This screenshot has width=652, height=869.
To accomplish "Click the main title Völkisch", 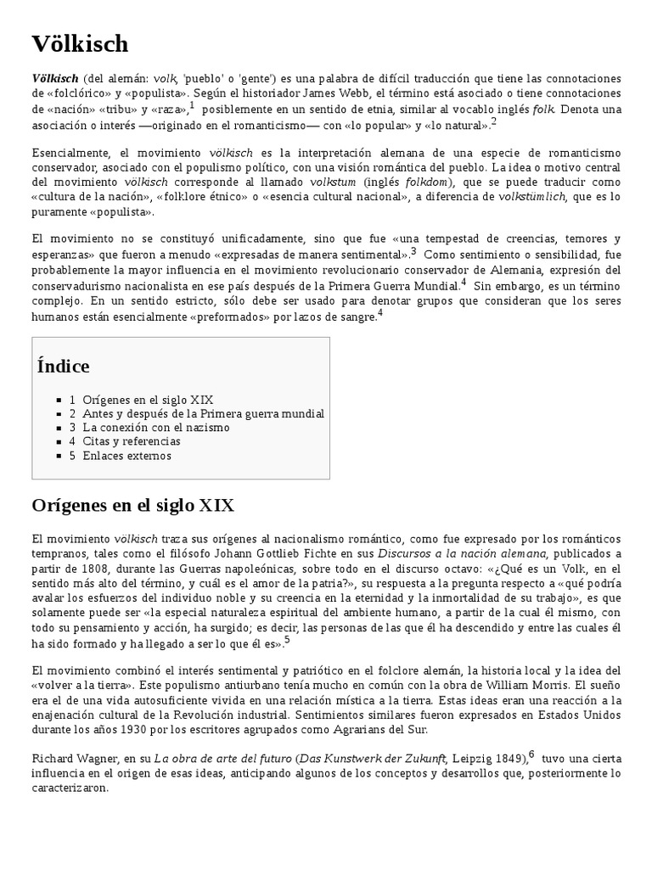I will tap(81, 44).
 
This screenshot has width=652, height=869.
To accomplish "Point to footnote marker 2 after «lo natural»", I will tap(493, 122).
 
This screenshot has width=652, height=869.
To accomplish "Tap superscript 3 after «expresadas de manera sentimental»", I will tap(413, 251).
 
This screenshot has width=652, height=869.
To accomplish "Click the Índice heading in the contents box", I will tap(64, 367).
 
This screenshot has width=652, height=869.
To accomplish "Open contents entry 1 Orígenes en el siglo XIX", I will tap(141, 400).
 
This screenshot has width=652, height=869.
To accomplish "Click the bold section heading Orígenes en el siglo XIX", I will tap(133, 506).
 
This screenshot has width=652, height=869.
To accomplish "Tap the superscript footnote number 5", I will tap(287, 640).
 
